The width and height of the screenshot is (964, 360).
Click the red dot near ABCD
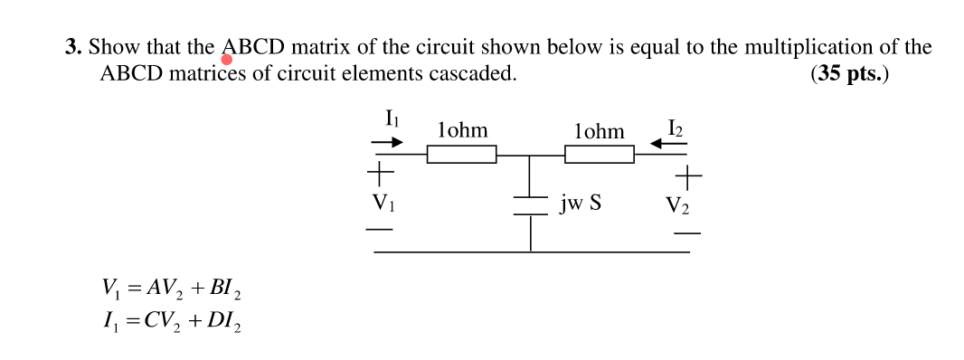point(227,60)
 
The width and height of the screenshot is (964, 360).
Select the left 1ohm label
point(461,130)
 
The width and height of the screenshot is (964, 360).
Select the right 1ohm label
point(599,131)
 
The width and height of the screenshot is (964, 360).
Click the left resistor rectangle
point(462,155)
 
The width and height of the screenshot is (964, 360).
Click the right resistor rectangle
point(600,155)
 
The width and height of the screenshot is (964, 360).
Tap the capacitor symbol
point(530,205)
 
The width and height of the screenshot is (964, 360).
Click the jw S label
point(581,204)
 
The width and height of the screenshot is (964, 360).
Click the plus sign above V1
point(380,171)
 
